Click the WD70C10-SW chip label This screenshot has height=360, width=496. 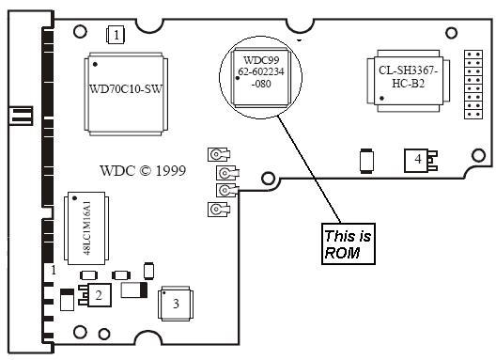tap(126, 88)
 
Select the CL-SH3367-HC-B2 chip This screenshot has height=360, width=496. tap(409, 81)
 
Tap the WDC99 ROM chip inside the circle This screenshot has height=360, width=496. tap(261, 77)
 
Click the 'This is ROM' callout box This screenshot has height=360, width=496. tap(349, 243)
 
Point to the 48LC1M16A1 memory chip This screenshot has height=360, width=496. tap(86, 228)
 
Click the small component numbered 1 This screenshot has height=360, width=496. tap(116, 35)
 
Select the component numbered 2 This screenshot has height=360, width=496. tap(95, 295)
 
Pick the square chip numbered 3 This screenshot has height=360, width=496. tap(176, 304)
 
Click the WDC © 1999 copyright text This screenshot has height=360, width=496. tap(143, 171)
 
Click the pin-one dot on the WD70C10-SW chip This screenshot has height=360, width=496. tap(95, 64)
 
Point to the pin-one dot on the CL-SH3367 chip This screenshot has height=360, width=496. tap(381, 99)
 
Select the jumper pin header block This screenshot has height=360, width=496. tap(473, 85)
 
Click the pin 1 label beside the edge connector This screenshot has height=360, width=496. tap(54, 270)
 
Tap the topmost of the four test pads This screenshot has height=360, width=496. tap(219, 154)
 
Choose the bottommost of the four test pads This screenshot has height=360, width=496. tap(219, 210)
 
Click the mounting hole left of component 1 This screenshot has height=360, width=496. tap(80, 31)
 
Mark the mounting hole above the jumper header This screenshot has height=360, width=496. tap(451, 33)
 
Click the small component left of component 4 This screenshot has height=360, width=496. tap(366, 161)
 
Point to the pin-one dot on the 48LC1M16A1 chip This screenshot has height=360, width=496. tap(74, 198)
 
